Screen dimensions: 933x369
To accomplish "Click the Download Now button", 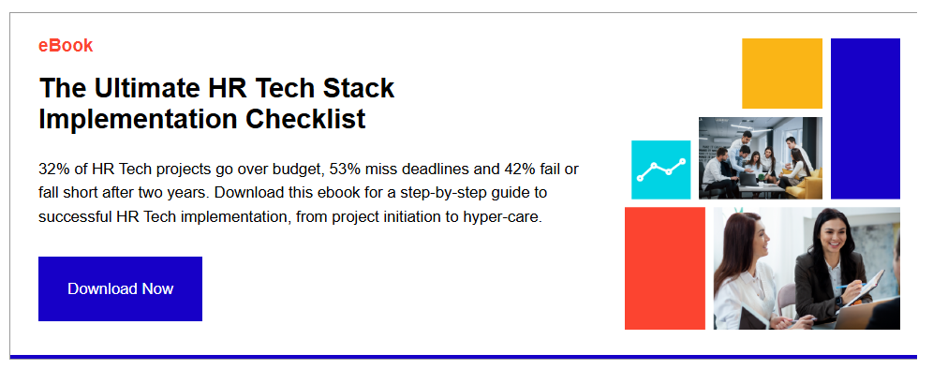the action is click(120, 288).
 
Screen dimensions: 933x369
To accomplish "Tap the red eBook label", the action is click(66, 46).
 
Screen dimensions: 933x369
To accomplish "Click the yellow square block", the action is click(782, 74).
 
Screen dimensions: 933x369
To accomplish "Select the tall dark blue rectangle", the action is click(866, 118).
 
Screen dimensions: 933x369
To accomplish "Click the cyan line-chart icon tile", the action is click(660, 170).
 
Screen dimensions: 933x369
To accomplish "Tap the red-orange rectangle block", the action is click(665, 269).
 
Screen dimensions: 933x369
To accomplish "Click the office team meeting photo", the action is click(761, 157).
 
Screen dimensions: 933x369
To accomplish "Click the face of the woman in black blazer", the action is click(832, 235).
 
